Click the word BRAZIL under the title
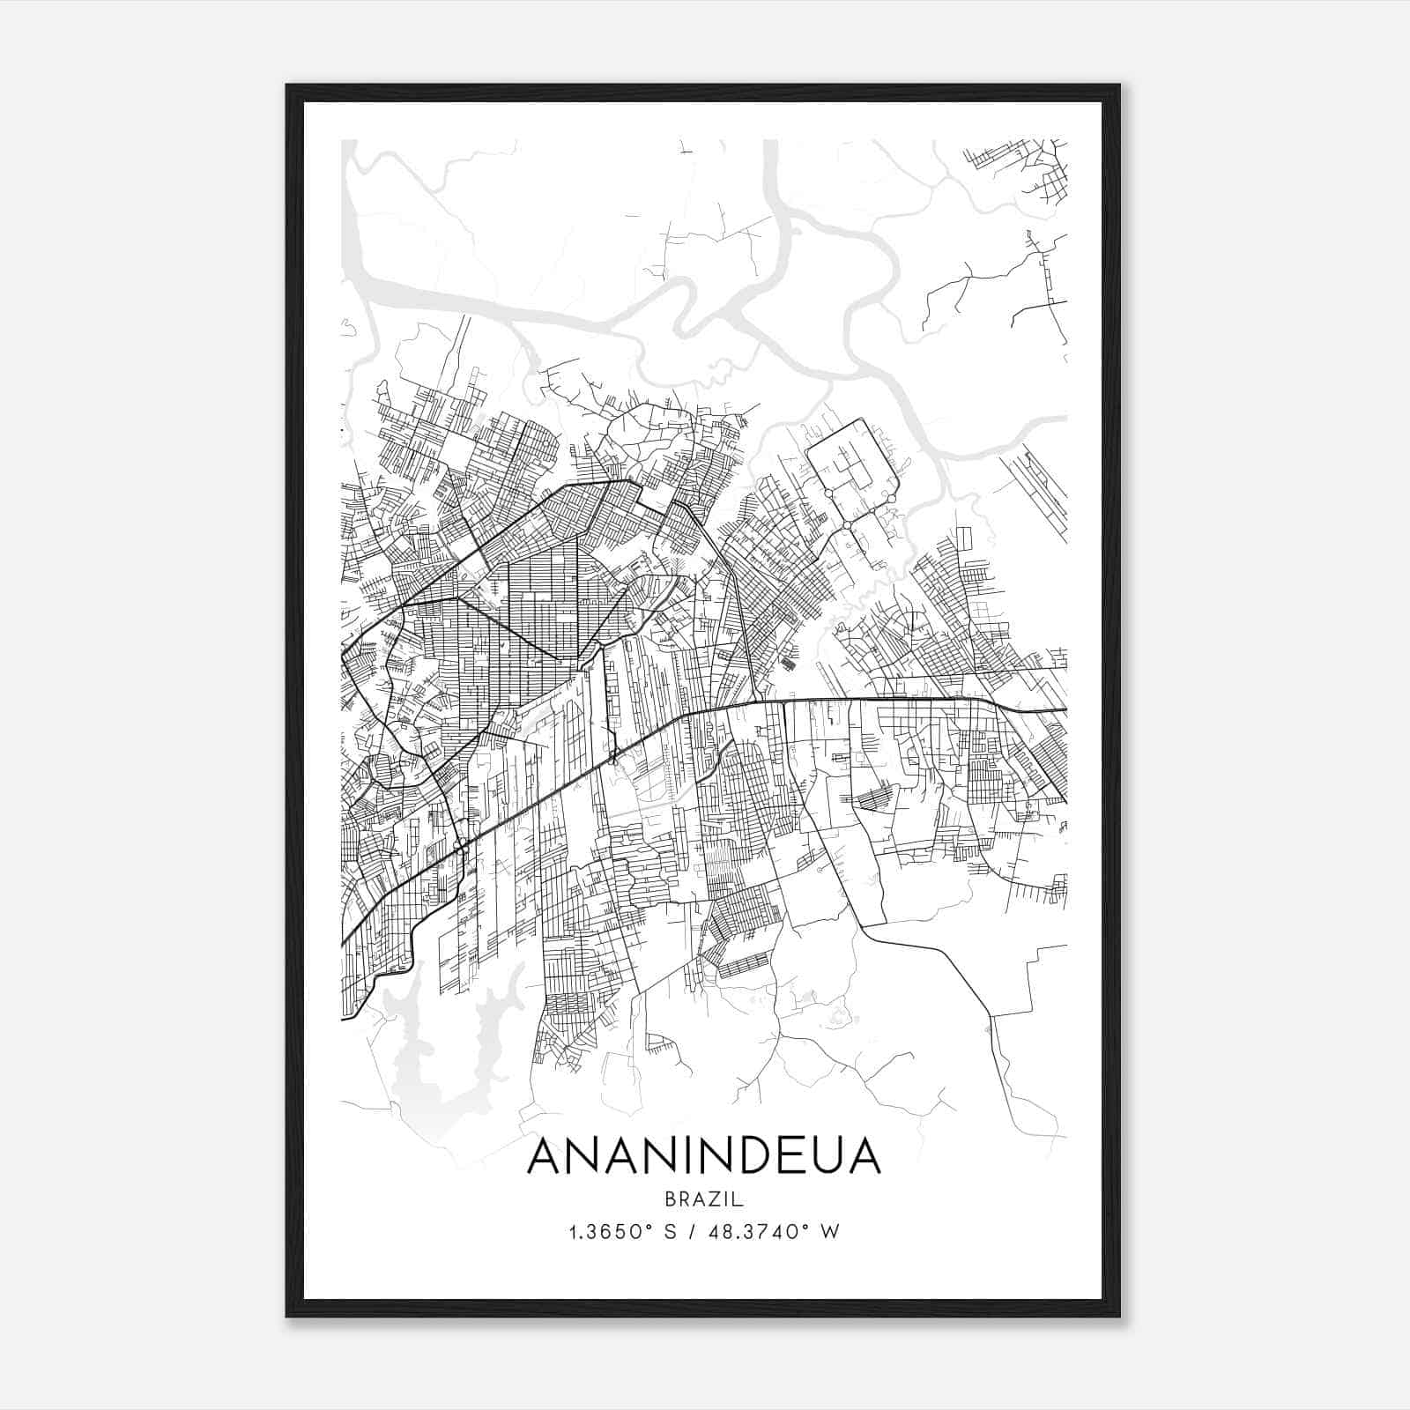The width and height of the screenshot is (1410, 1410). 704,1198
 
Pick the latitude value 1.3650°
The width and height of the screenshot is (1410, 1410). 608,1231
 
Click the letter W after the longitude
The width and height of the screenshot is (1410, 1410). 828,1231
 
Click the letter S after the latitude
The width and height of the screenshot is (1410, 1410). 669,1231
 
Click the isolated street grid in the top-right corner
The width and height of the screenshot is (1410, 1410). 1031,167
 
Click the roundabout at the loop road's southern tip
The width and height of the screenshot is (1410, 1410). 847,525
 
